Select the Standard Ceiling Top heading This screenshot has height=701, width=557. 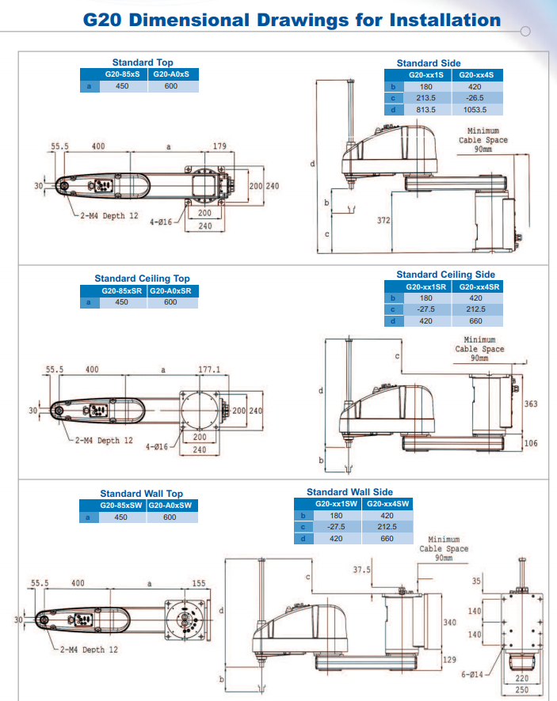[x=142, y=279]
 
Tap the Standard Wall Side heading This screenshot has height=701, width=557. [x=349, y=492]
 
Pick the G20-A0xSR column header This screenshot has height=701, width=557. [x=170, y=290]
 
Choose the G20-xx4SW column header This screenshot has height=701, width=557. [x=387, y=503]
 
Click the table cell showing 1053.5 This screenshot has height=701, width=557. [x=475, y=109]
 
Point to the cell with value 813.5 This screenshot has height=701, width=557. [x=425, y=109]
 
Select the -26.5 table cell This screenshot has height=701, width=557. [x=475, y=98]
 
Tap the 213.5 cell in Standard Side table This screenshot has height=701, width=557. [x=425, y=98]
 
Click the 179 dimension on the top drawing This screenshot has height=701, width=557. [x=219, y=146]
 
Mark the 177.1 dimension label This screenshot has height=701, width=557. [x=209, y=369]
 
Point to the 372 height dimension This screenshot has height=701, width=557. [x=383, y=221]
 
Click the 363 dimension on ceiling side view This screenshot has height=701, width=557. [x=531, y=404]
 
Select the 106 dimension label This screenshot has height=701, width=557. [x=531, y=443]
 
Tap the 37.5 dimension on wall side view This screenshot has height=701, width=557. [x=362, y=570]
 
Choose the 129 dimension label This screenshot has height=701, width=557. [x=448, y=659]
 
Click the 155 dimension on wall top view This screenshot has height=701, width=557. [x=198, y=584]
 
